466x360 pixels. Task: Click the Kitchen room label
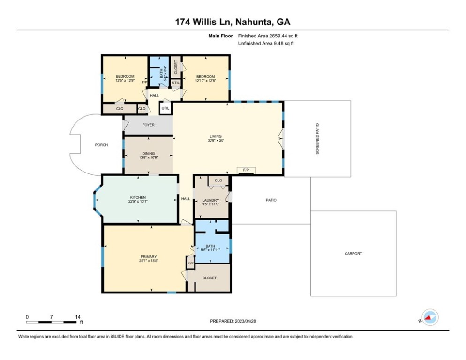pos(138,197)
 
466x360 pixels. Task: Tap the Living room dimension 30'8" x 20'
pos(216,140)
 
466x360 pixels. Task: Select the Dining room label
pos(148,154)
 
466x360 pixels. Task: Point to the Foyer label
pos(148,125)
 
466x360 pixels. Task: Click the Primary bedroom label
pos(149,257)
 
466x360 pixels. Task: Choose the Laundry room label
pos(210,200)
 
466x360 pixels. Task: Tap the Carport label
pos(353,254)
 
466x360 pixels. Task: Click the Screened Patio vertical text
pos(317,139)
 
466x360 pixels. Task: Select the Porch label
pos(101,145)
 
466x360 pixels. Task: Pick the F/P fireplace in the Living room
pos(246,170)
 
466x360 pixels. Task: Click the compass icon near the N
pos(430,317)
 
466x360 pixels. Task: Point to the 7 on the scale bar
pos(52,317)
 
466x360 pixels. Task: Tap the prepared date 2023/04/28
pos(245,321)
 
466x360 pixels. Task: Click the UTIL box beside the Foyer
pos(165,108)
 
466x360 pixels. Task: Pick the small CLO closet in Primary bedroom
pos(190,263)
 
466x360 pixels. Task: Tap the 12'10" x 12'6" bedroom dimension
pos(205,80)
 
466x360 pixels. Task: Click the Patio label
pos(271,200)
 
